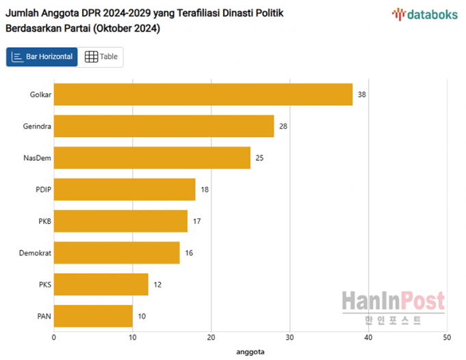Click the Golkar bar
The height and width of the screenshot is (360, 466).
coord(203,94)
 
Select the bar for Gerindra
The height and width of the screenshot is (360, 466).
coord(164,126)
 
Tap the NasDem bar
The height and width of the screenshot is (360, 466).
coord(152,157)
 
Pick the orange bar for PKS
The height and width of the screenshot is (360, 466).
coord(101,284)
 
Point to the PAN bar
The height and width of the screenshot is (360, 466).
coord(93,316)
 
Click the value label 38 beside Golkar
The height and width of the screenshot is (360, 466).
coord(362,94)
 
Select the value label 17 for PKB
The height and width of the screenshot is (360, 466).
coord(197,221)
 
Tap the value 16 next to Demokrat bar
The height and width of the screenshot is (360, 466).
coord(189,253)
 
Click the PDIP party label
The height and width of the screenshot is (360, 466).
coord(44,190)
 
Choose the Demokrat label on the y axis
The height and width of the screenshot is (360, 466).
coord(36,253)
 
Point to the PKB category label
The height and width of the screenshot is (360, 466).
coord(45,221)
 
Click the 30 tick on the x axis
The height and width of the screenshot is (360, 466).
coord(290,337)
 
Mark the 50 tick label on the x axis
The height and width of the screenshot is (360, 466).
coord(447,337)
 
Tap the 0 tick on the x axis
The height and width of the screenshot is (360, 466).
coord(54,337)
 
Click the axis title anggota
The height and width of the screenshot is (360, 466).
coord(250,351)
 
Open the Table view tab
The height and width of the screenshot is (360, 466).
coord(101,57)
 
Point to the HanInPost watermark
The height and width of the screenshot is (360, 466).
coord(393,307)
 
